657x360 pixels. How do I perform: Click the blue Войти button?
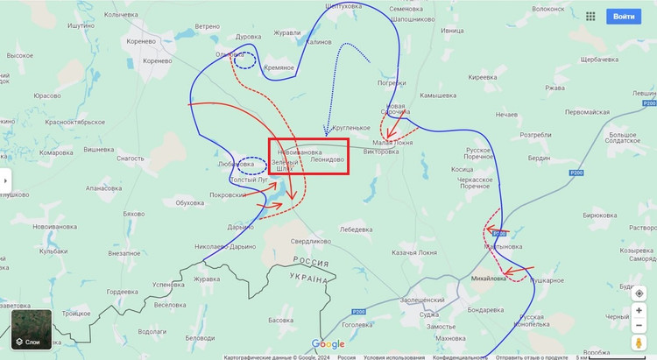pyautogui.click(x=624, y=16)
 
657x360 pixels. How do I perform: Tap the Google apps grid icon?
pyautogui.click(x=590, y=16)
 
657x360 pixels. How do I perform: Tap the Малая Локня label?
pyautogui.click(x=392, y=142)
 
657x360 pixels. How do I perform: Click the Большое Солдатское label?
pyautogui.click(x=622, y=138)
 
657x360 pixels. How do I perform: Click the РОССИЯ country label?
pyautogui.click(x=310, y=262)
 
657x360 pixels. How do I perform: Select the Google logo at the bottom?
pyautogui.click(x=328, y=344)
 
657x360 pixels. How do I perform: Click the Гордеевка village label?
pyautogui.click(x=122, y=291)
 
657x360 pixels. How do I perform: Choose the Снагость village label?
pyautogui.click(x=131, y=159)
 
